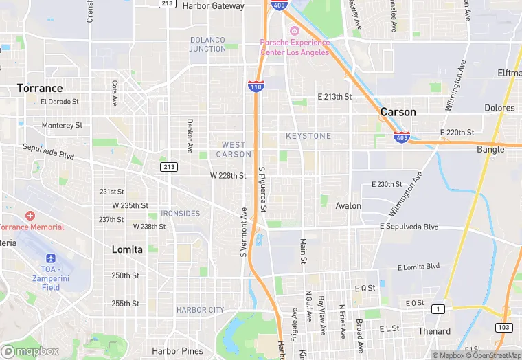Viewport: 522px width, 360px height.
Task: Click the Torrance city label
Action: [40, 88]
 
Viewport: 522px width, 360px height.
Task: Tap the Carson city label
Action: [398, 112]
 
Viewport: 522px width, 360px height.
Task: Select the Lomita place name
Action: [127, 250]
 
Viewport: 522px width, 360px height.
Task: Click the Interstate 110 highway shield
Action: [256, 87]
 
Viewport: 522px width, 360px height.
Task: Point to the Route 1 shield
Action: [437, 310]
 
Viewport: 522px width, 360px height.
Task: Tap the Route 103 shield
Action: [504, 328]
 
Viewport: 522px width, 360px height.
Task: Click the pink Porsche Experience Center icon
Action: [295, 31]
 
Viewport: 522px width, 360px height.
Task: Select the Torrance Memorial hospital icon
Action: [30, 216]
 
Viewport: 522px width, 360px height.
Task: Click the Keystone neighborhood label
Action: [308, 136]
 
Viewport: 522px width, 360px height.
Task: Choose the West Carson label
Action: [234, 149]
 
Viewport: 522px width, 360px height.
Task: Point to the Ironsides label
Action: [180, 214]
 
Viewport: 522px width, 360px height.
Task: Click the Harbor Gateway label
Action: [213, 6]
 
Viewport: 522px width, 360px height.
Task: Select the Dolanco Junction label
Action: [207, 44]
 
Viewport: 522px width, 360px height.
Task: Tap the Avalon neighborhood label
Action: [348, 206]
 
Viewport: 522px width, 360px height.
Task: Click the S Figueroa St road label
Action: [263, 188]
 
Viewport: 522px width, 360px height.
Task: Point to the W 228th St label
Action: [228, 176]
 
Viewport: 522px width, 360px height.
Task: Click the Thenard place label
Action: [435, 331]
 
